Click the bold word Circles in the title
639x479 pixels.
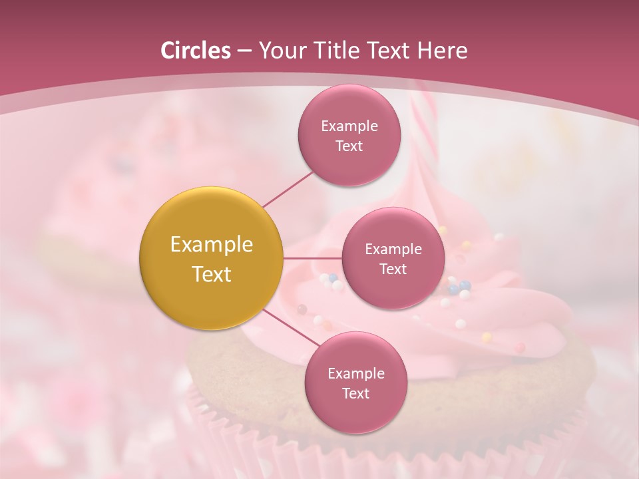coord(195,51)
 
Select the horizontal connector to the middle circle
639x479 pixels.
coord(312,258)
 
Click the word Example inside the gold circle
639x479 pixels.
coord(211,245)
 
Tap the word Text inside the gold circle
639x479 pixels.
coord(211,274)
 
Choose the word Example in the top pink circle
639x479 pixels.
coord(349,126)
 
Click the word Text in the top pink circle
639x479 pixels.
coord(349,146)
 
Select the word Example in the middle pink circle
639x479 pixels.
coord(393,249)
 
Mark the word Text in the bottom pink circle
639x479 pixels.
coord(355,393)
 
